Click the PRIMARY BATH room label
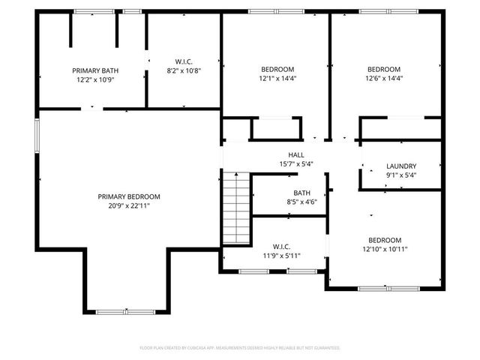click(x=95, y=70)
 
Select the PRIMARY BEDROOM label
click(x=129, y=196)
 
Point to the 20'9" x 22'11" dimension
click(x=129, y=205)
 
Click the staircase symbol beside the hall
click(x=235, y=208)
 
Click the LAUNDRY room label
click(x=401, y=166)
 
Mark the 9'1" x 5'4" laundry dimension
click(x=401, y=175)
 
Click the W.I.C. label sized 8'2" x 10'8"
click(x=184, y=61)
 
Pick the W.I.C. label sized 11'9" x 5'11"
click(x=281, y=246)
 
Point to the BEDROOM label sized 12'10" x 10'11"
click(x=385, y=240)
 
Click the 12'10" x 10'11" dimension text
click(x=385, y=249)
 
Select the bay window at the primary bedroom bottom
click(x=126, y=310)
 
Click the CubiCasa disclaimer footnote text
click(x=240, y=348)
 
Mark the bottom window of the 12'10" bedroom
click(x=388, y=288)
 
